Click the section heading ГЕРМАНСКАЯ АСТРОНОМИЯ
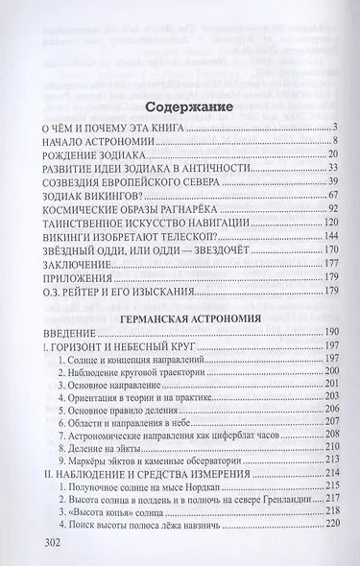point(179,313)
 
